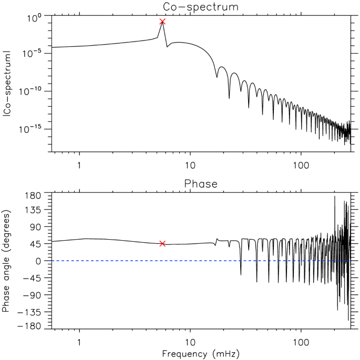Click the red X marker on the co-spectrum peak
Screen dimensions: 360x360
click(162, 22)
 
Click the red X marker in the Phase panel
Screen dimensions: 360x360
click(162, 244)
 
